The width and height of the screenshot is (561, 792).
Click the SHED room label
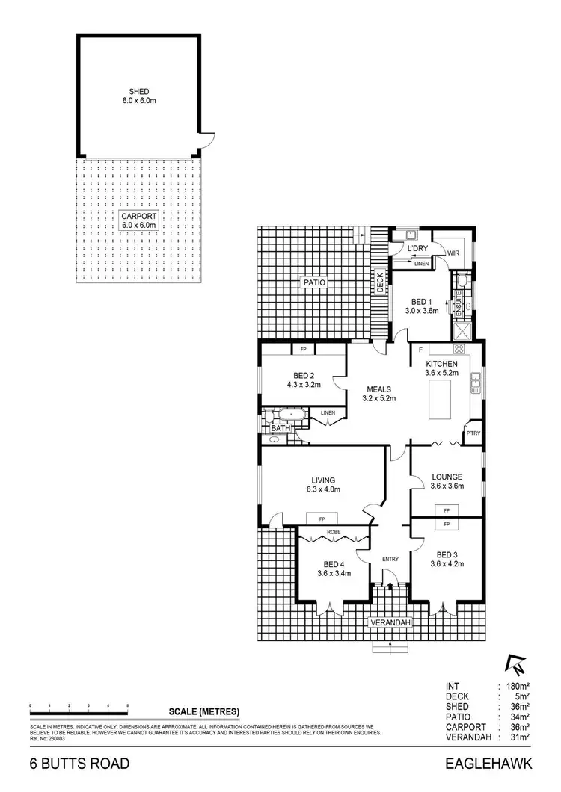click(x=139, y=95)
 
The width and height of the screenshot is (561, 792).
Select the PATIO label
click(x=312, y=283)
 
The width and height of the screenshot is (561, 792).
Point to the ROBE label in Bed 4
click(x=333, y=533)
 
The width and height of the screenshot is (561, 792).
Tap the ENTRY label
click(x=389, y=559)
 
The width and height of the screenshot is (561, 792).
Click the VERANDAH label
click(x=390, y=621)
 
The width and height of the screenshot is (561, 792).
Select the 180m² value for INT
click(x=519, y=685)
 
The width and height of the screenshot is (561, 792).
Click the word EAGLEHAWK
click(x=487, y=764)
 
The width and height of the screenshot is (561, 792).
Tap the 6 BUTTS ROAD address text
click(x=79, y=764)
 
